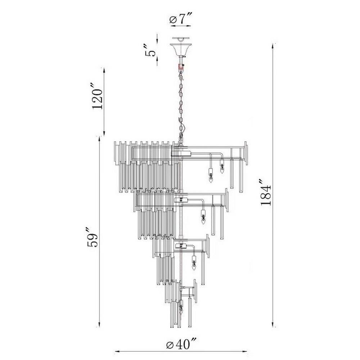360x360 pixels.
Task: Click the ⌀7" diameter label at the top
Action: (180, 19)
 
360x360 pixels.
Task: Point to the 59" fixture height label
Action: (92, 237)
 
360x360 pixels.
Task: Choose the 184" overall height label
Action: (266, 192)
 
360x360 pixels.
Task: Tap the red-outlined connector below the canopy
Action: (181, 67)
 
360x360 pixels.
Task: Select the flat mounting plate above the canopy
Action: (181, 38)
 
